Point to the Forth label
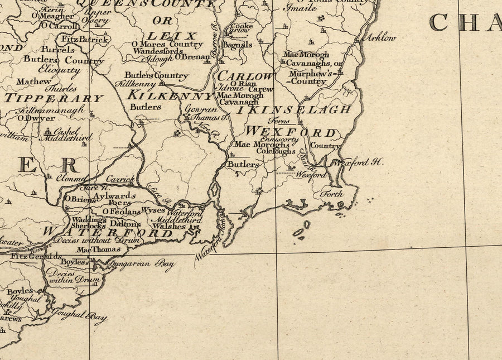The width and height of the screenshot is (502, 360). click(x=331, y=194)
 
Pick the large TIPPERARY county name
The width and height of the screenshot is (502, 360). click(x=54, y=98)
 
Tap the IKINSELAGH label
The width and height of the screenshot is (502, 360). click(x=293, y=109)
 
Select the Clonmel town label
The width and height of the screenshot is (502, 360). click(x=71, y=179)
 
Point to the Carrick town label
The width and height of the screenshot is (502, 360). click(x=120, y=180)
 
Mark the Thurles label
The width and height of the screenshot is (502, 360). click(x=61, y=89)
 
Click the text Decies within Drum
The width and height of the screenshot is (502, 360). click(x=73, y=276)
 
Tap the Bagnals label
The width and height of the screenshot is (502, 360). click(x=238, y=44)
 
